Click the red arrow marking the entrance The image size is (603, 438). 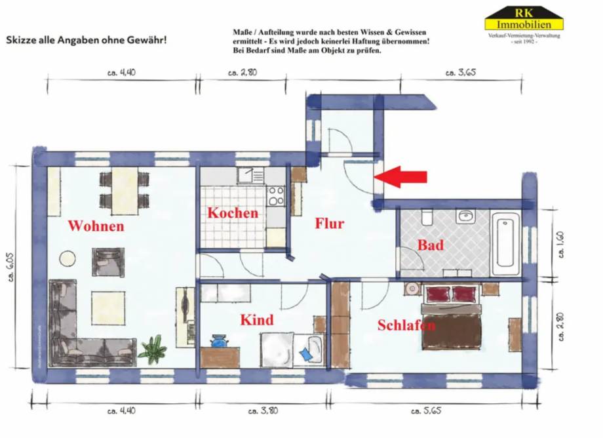pyautogui.click(x=404, y=176)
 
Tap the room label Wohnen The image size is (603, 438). pyautogui.click(x=96, y=226)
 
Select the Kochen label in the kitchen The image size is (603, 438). pyautogui.click(x=233, y=213)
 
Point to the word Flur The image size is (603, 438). pyautogui.click(x=329, y=224)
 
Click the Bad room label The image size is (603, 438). pyautogui.click(x=431, y=246)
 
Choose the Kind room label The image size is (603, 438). pyautogui.click(x=256, y=320)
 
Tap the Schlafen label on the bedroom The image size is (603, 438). pyautogui.click(x=406, y=325)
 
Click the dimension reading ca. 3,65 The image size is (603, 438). pyautogui.click(x=460, y=73)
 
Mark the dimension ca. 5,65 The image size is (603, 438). pyautogui.click(x=425, y=411)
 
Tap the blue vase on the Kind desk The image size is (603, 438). pyautogui.click(x=218, y=342)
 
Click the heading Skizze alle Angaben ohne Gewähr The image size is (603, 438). pyautogui.click(x=87, y=40)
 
